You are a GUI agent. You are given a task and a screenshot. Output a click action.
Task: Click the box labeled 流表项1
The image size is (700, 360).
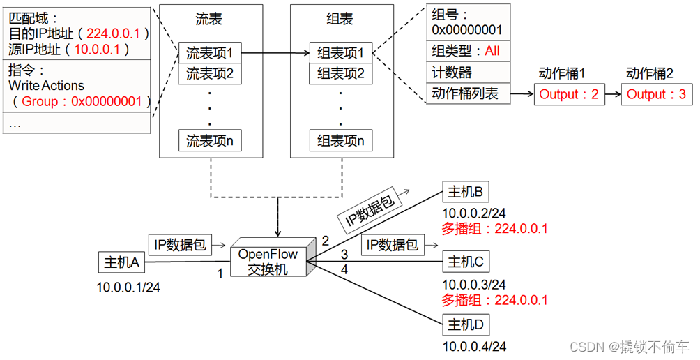click(209, 52)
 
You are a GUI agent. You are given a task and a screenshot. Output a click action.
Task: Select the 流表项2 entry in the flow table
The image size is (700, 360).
click(209, 73)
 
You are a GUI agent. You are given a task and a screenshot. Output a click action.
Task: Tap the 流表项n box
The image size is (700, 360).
click(209, 141)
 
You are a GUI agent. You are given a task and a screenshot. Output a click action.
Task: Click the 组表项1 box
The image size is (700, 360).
click(340, 52)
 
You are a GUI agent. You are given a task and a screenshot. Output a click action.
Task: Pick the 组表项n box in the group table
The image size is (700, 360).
click(340, 141)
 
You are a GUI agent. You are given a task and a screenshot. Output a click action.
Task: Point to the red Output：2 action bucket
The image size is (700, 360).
click(569, 94)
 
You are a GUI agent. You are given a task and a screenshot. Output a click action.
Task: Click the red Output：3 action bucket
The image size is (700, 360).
click(656, 94)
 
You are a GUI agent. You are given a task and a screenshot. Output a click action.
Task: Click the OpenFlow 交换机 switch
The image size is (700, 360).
click(268, 262)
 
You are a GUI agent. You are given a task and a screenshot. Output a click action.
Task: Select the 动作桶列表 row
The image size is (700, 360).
click(465, 93)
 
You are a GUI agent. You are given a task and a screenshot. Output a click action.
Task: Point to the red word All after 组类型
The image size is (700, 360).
click(492, 51)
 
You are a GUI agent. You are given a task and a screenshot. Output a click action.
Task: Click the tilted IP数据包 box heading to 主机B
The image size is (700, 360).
click(370, 209)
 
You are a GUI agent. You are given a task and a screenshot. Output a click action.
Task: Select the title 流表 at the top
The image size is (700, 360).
click(208, 19)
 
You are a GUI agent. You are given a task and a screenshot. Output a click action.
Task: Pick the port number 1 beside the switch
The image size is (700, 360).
click(220, 273)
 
